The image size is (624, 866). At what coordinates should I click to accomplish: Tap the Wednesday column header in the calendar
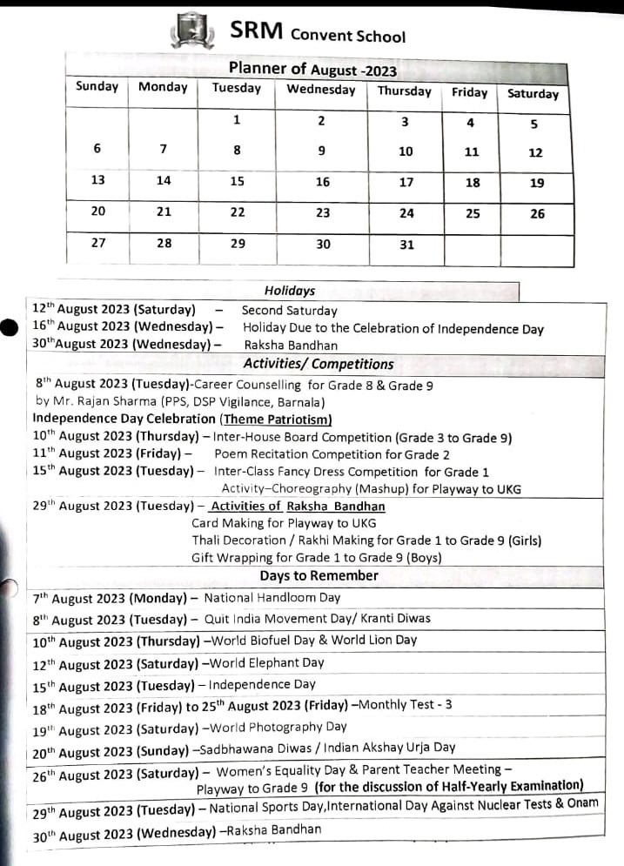[x=321, y=90]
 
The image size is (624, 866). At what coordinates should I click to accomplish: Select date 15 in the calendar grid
[x=238, y=181]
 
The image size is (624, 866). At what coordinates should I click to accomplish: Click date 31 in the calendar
[x=406, y=245]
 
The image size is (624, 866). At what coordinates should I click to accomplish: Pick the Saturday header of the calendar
[x=533, y=93]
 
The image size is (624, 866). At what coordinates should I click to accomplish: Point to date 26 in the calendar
[x=537, y=213]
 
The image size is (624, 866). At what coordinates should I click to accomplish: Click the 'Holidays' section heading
[x=290, y=291]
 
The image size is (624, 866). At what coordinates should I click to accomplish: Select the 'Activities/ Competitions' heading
[x=318, y=364]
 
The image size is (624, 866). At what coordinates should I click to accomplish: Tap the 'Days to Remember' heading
[x=319, y=575]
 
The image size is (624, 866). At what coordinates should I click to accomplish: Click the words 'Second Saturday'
[x=289, y=310]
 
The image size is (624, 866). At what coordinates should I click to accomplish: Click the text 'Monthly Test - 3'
[x=405, y=704]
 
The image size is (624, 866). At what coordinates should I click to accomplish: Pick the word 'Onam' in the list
[x=581, y=802]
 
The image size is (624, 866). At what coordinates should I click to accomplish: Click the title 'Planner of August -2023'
[x=312, y=69]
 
